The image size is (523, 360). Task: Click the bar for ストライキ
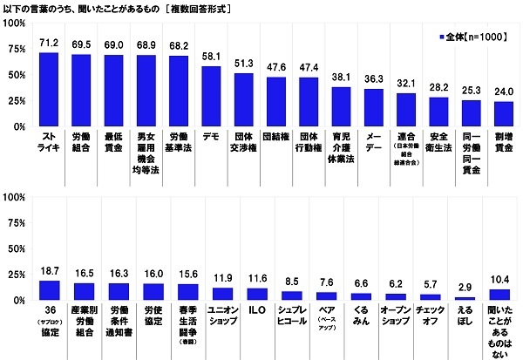[49, 89]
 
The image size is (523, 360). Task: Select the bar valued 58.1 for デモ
[211, 96]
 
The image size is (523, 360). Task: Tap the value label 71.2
[49, 43]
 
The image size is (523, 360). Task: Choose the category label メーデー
[374, 141]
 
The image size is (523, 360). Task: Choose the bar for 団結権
[276, 101]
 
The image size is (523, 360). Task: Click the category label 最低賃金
[113, 141]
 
